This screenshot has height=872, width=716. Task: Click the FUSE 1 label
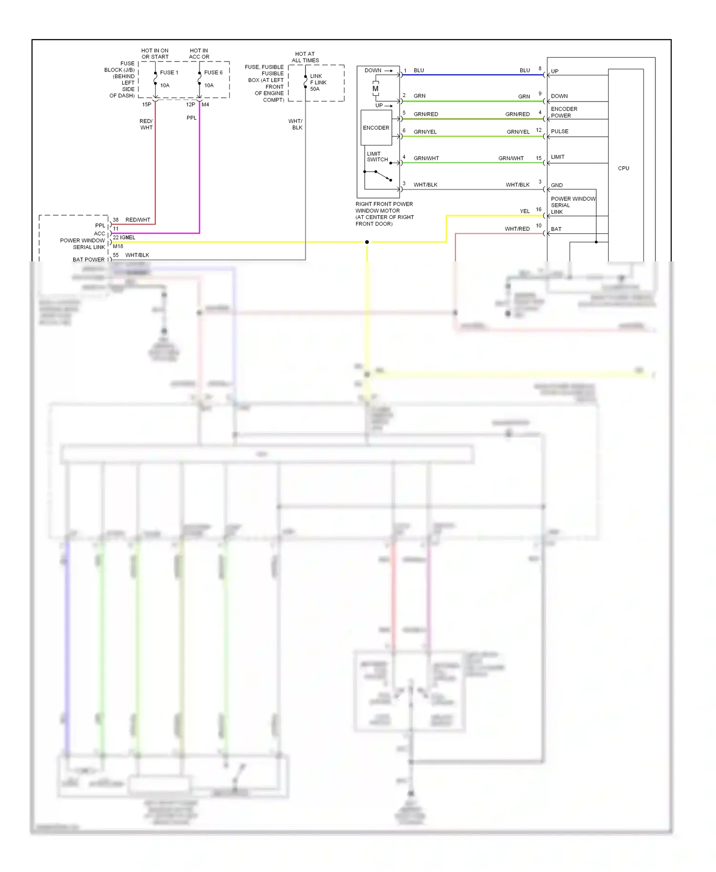click(x=169, y=73)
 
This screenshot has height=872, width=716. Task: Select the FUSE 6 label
click(x=213, y=73)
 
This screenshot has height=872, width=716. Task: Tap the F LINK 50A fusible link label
click(x=318, y=83)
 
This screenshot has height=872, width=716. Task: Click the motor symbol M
click(x=376, y=89)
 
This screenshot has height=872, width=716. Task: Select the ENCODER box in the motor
click(x=376, y=128)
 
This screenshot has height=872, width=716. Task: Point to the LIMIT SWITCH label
click(x=377, y=157)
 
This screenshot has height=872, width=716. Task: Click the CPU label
click(x=623, y=168)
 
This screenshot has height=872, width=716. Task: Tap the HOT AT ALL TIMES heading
click(x=305, y=57)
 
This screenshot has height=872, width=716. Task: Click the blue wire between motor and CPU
click(x=473, y=75)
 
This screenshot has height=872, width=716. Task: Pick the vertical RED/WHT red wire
click(x=155, y=167)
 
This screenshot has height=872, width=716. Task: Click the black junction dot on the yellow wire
click(x=367, y=242)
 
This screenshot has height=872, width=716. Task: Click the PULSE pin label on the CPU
click(x=559, y=132)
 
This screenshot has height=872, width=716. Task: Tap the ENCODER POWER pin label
click(x=564, y=113)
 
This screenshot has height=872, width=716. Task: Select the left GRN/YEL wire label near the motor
click(x=425, y=132)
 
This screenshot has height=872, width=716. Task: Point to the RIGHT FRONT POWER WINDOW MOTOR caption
click(x=384, y=214)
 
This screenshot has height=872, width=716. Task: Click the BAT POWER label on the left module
click(x=88, y=260)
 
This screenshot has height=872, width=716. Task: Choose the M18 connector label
click(x=118, y=247)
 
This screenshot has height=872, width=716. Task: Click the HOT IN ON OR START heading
click(x=155, y=53)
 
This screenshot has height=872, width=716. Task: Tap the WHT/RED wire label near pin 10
click(x=517, y=229)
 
